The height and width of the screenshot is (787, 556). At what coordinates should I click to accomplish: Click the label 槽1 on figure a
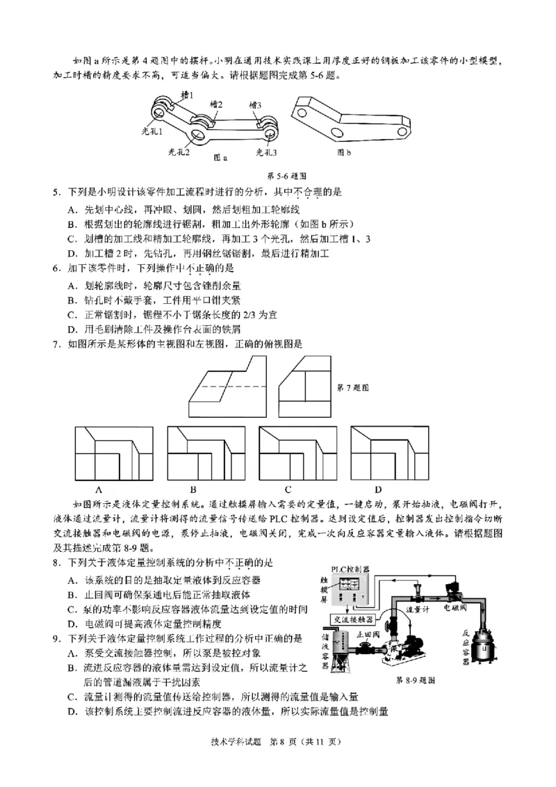186,94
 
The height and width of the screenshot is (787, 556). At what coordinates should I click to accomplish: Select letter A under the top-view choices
99,488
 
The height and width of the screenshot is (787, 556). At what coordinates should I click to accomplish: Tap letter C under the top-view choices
287,488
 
